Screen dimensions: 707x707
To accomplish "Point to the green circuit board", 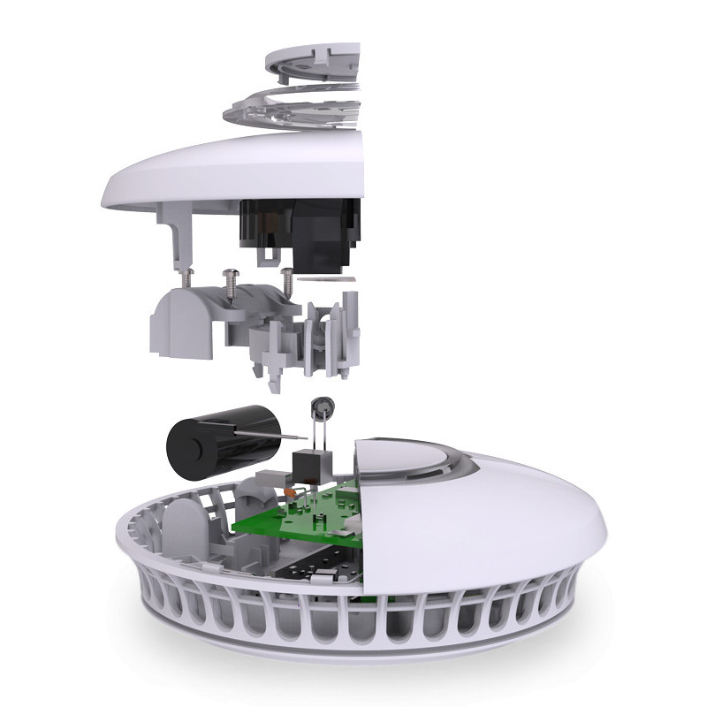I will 292,521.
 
